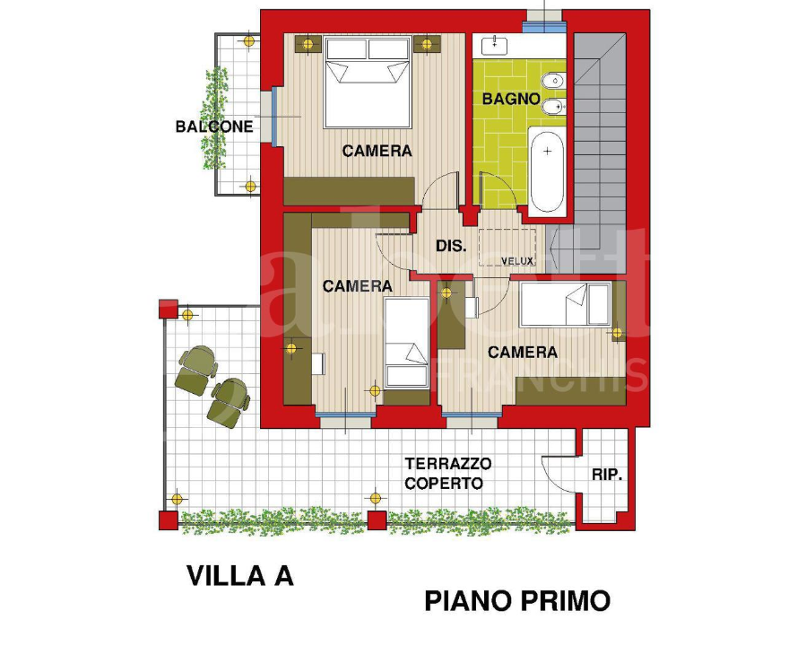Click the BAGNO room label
tap(510, 99)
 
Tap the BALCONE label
tap(213, 127)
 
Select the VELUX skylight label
tap(517, 261)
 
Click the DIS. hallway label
tap(450, 245)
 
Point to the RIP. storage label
tap(607, 475)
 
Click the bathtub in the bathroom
tap(546, 170)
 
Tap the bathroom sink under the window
tap(494, 44)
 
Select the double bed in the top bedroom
tap(368, 82)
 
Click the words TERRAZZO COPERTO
tap(447, 473)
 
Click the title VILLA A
tap(239, 575)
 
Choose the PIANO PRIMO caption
tap(517, 600)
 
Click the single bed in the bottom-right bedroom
tap(565, 304)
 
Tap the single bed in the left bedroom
tap(406, 343)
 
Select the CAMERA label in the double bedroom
tap(377, 151)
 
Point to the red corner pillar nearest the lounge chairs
tap(168, 308)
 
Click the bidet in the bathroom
tap(553, 109)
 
